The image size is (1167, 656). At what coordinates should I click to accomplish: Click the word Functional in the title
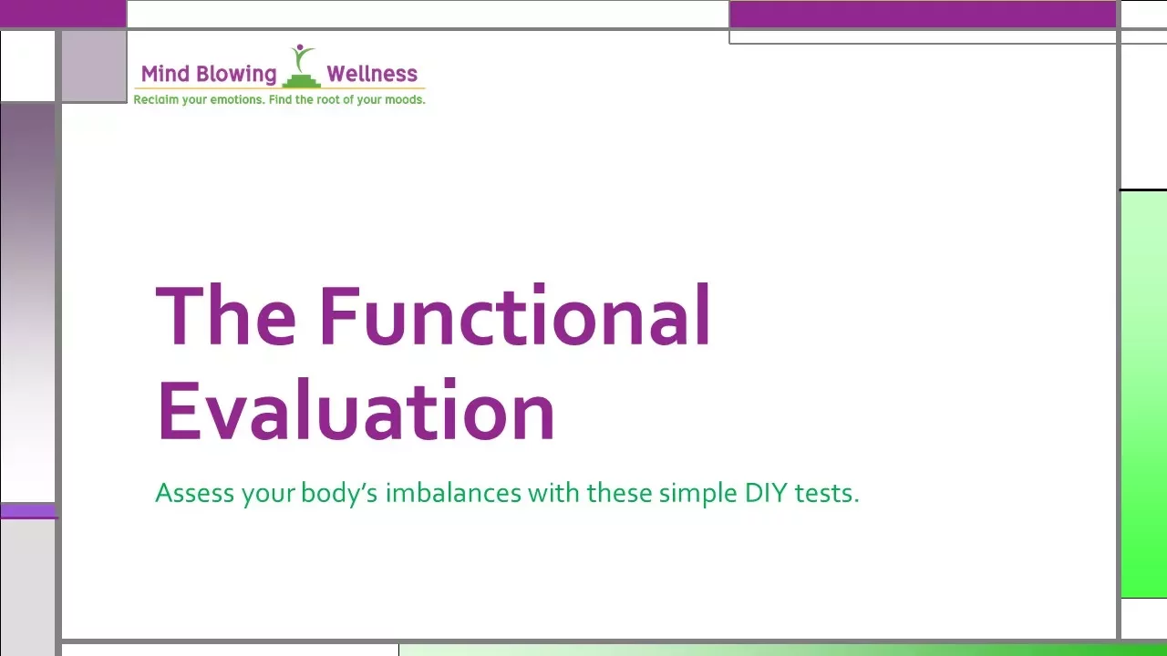[x=514, y=316]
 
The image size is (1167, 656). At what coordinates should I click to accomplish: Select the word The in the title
[x=225, y=316]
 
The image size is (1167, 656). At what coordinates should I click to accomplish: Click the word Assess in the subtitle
[x=195, y=494]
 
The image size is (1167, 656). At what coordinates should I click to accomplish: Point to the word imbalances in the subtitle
[x=453, y=494]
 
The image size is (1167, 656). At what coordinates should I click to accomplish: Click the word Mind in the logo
[x=165, y=74]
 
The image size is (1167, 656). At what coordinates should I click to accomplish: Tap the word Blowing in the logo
[x=235, y=74]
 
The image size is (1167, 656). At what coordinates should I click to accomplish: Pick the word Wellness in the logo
[x=372, y=74]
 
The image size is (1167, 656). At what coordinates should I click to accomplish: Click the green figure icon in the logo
[x=301, y=66]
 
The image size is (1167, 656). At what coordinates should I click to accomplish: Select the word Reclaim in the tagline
[x=156, y=99]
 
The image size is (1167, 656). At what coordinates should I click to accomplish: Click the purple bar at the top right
[x=923, y=14]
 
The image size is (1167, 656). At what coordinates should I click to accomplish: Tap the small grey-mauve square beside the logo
[x=94, y=66]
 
